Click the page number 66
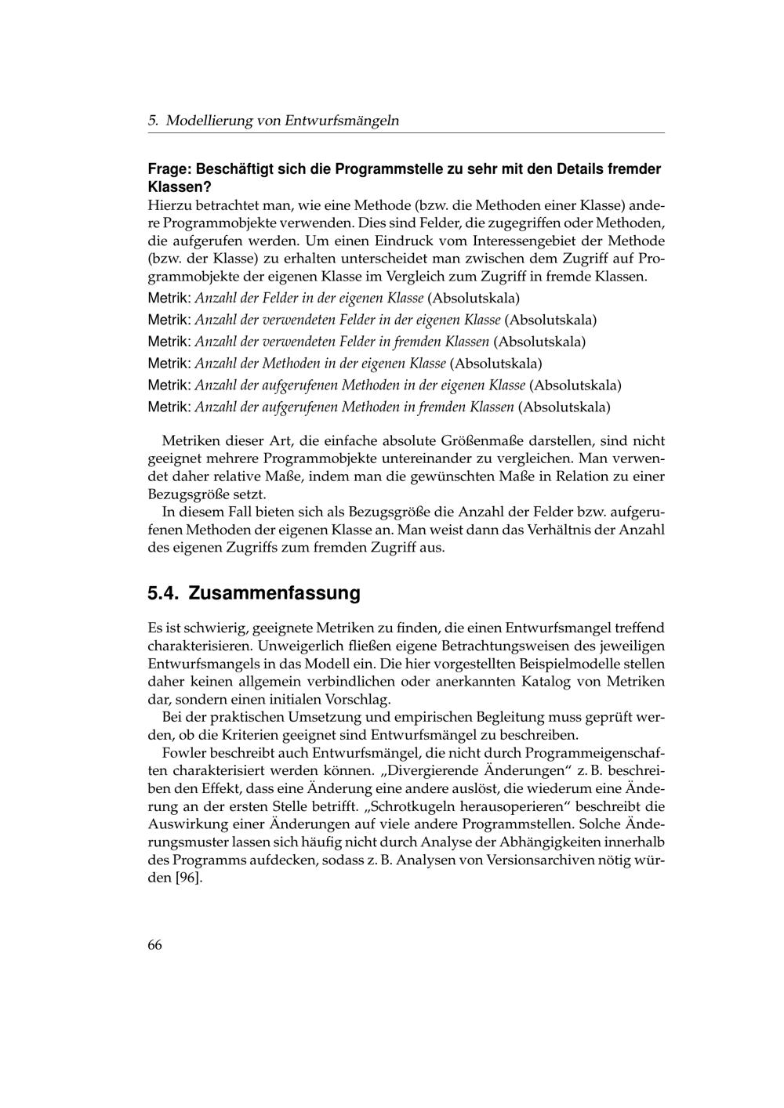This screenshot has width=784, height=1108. point(154,945)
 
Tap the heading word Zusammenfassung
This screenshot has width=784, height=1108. point(274,593)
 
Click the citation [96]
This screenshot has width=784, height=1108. point(188,878)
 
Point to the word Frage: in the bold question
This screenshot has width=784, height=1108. point(169,169)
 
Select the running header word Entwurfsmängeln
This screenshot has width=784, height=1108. point(342,121)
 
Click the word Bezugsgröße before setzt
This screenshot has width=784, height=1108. point(185,494)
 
